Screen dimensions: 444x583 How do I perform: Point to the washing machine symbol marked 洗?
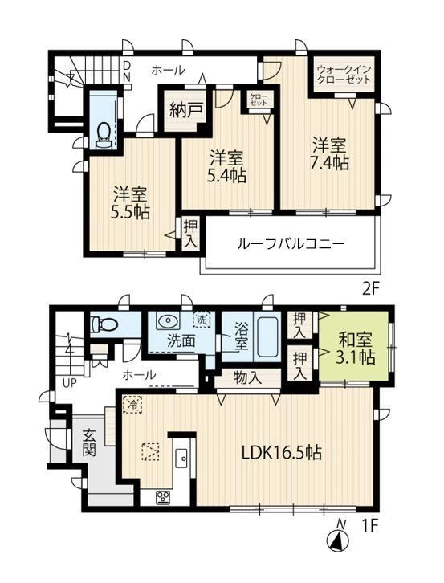click(202, 320)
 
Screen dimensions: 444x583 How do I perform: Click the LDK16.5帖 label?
click(282, 452)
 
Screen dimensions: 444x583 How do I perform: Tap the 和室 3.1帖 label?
click(355, 349)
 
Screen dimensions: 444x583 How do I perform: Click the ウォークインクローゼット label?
click(344, 74)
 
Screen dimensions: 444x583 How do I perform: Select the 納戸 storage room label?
click(186, 110)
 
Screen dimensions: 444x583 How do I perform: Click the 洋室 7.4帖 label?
click(329, 154)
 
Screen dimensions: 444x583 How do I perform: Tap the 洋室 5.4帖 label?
click(227, 166)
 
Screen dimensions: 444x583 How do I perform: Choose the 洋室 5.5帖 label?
click(130, 203)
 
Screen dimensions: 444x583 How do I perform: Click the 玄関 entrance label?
click(90, 442)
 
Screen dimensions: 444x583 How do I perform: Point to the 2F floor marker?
click(370, 288)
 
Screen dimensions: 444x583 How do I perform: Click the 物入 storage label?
click(247, 378)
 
